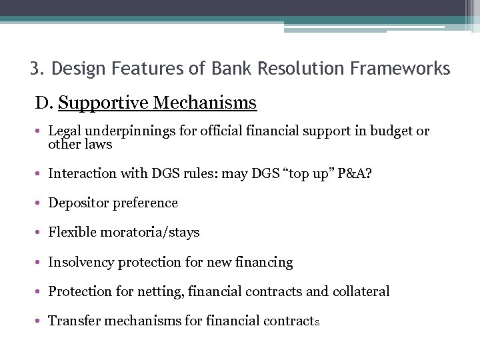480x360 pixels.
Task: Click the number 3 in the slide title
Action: pyautogui.click(x=35, y=69)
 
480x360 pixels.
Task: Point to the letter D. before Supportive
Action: pyautogui.click(x=44, y=103)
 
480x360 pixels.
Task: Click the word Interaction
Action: pyautogui.click(x=80, y=173)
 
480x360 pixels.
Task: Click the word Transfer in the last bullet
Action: pyautogui.click(x=73, y=321)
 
